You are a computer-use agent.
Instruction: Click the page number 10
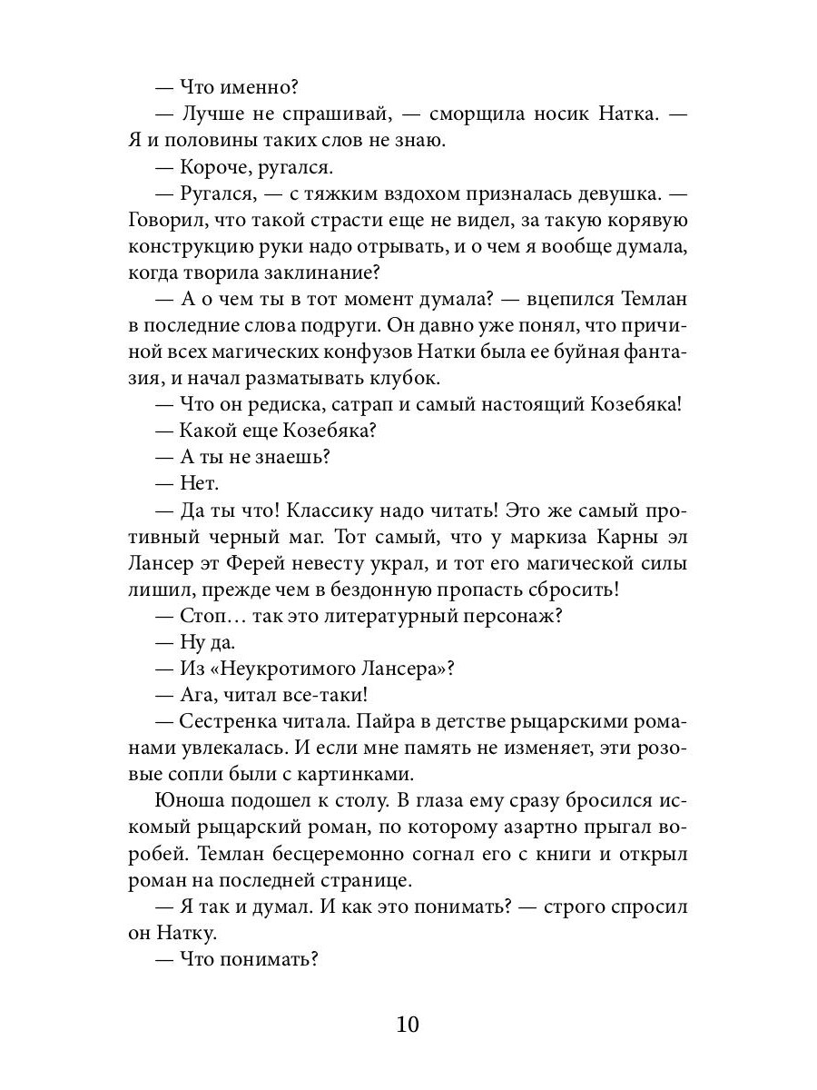[x=408, y=1025]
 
